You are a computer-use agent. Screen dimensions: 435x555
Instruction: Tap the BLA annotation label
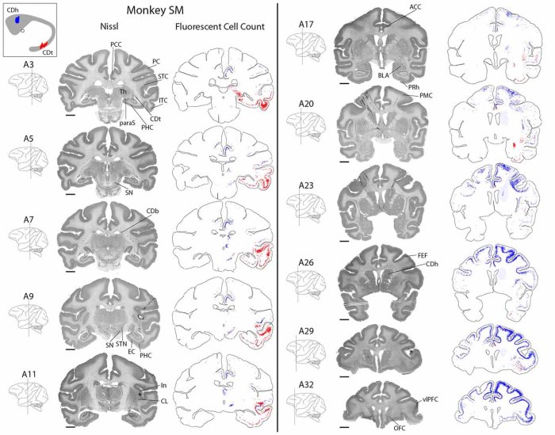click(383, 75)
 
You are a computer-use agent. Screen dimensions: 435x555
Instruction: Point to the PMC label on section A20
click(427, 94)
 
